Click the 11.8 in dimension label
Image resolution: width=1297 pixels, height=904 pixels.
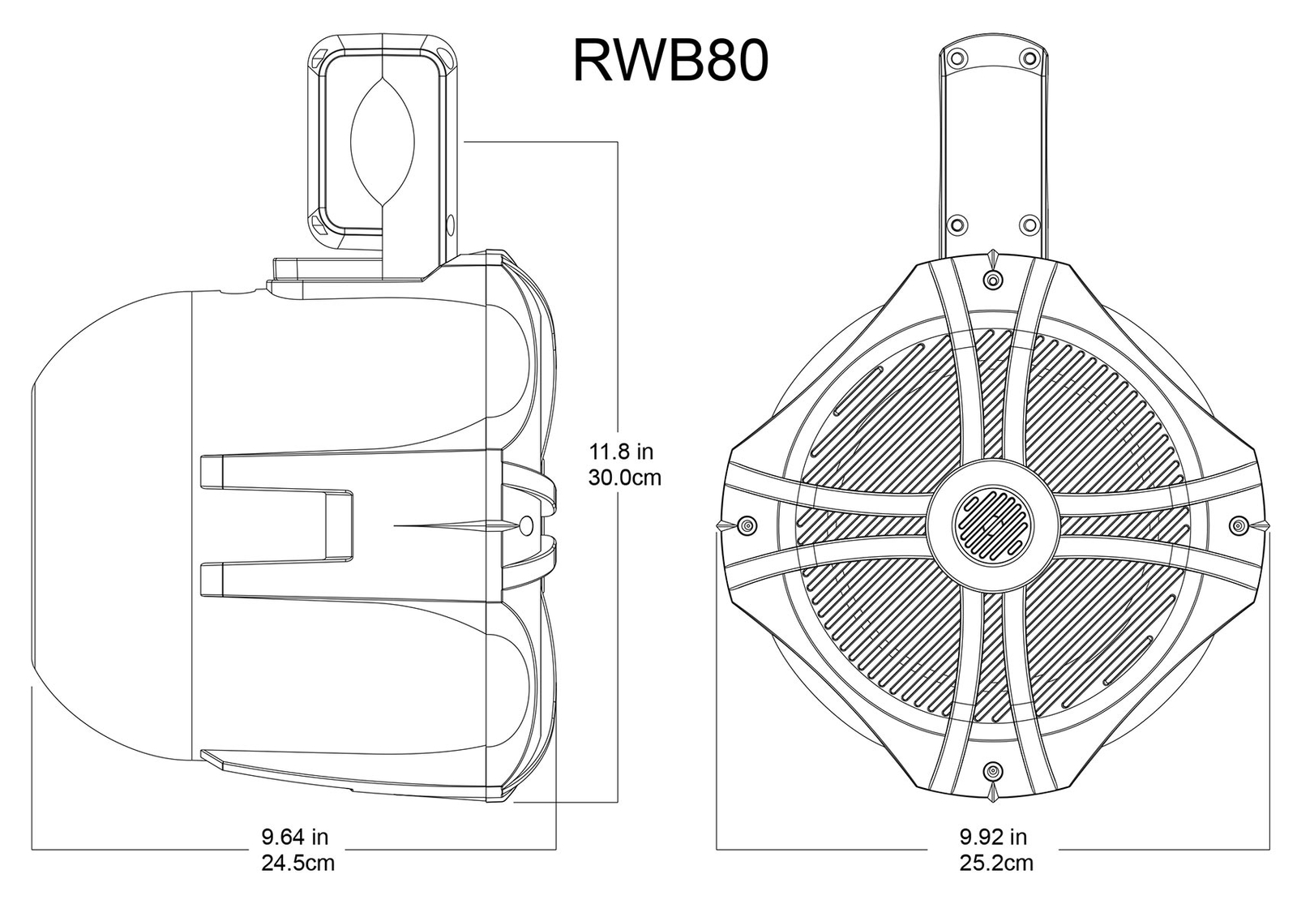coord(622,450)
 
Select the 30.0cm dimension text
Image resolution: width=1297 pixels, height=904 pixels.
coord(624,477)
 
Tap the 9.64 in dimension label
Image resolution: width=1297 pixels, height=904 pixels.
coord(294,835)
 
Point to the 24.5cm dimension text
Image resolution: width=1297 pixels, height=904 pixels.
coord(297,862)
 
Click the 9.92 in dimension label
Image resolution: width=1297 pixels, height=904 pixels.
coord(993,835)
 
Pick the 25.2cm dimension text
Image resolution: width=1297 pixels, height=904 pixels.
coord(996,863)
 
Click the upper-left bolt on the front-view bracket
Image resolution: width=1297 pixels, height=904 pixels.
coord(957,57)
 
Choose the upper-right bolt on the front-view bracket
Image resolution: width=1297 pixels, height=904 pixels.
coord(1029,57)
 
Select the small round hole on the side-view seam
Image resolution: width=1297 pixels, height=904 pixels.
coord(525,525)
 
